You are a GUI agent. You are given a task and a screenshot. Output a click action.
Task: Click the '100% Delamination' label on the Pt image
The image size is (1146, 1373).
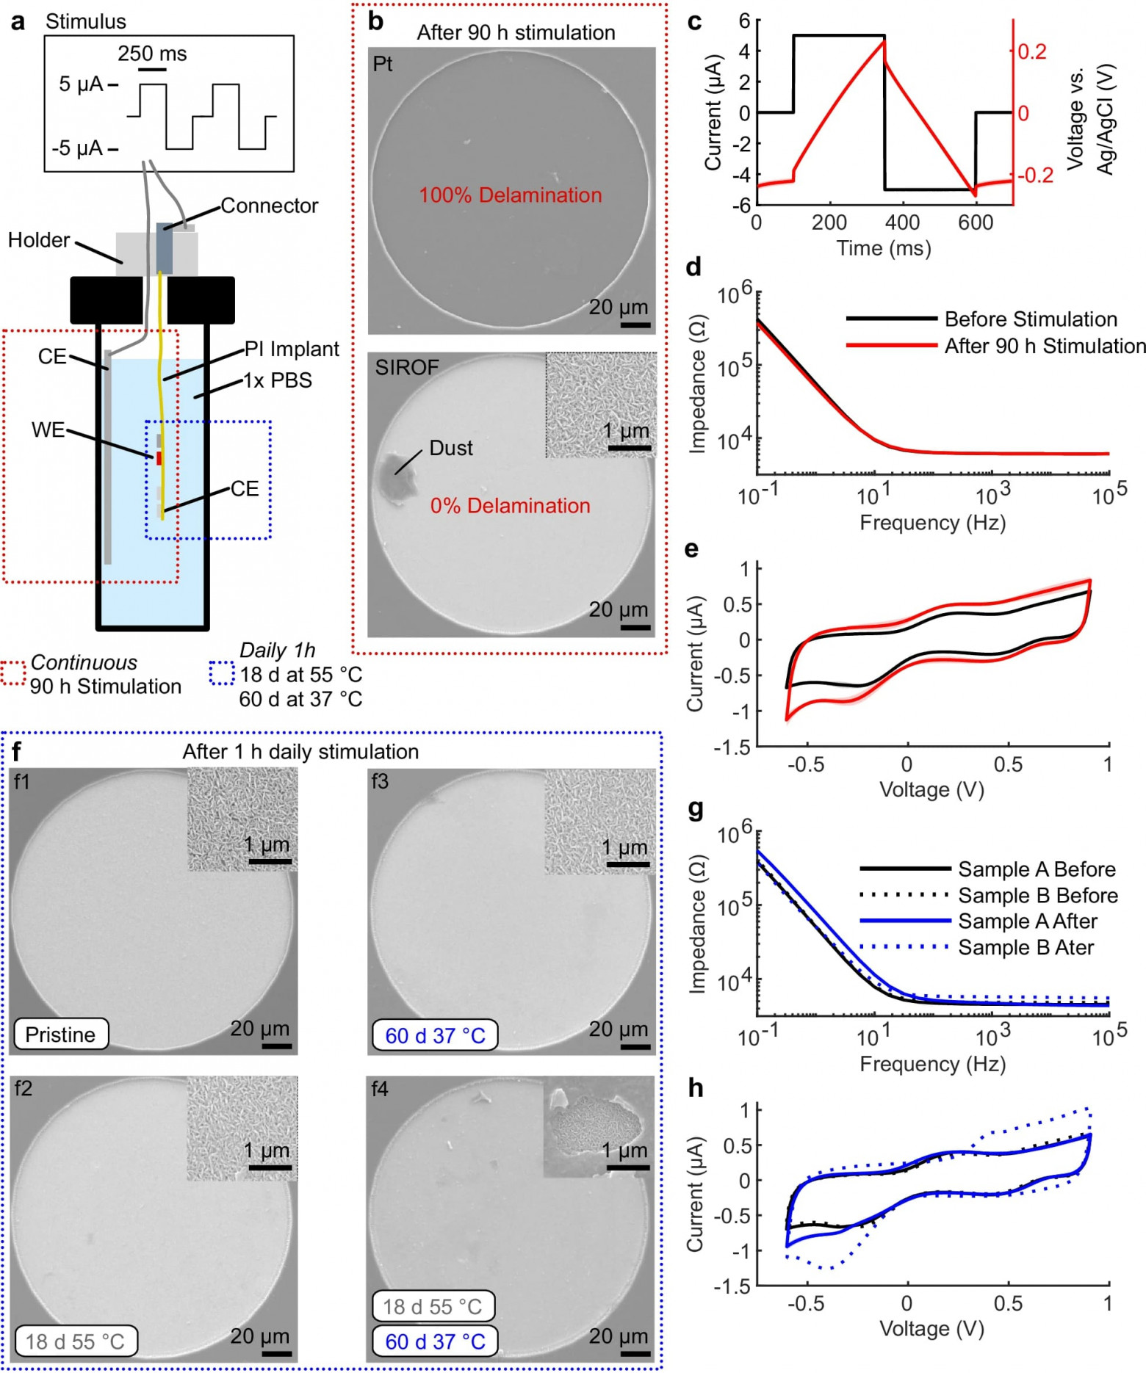click(510, 195)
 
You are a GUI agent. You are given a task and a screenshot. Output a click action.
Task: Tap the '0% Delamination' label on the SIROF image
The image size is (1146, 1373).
click(510, 506)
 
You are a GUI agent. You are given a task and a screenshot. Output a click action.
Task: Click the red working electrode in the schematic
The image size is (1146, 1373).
click(159, 458)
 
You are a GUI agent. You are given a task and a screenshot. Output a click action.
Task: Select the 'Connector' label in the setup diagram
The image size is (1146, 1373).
click(269, 206)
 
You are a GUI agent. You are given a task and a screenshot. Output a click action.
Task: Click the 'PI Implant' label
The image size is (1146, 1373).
click(292, 349)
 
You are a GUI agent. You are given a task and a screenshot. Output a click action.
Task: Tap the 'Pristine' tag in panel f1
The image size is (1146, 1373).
click(60, 1035)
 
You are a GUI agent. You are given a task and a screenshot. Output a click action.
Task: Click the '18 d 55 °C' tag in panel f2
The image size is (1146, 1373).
click(75, 1341)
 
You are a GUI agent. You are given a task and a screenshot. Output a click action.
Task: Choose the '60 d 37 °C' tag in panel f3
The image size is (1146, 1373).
click(435, 1036)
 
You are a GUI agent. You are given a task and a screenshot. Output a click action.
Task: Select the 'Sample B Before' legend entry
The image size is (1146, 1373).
click(1037, 896)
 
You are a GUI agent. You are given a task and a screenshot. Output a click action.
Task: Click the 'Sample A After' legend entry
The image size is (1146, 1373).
click(1027, 921)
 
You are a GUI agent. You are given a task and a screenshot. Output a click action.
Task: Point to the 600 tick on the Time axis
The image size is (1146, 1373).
click(976, 222)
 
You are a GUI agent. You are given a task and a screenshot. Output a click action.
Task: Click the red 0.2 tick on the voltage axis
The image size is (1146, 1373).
click(1032, 51)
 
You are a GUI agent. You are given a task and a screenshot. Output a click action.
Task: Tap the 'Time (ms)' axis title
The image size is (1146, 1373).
click(883, 248)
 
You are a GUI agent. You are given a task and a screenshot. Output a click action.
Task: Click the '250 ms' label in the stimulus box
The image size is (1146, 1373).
click(152, 54)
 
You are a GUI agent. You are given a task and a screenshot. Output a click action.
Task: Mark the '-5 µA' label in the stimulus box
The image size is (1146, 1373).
click(77, 148)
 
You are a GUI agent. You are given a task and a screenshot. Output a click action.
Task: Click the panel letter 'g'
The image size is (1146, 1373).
click(695, 809)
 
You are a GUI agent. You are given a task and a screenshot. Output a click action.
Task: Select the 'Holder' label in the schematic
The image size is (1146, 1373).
click(39, 240)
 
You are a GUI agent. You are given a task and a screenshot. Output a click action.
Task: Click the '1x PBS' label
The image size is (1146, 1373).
click(278, 380)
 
